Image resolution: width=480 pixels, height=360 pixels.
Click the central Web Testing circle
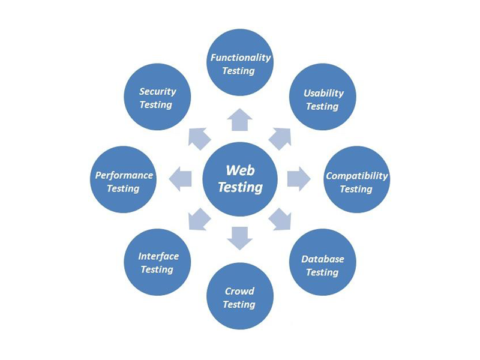pos(240,179)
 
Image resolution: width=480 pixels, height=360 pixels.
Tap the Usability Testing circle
pos(323,98)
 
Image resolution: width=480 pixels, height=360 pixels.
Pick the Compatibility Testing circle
pos(356,182)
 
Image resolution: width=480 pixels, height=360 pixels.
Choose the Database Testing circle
pos(323,265)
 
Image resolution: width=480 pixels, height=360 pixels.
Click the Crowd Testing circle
pos(240,296)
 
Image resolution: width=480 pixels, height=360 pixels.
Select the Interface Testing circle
pos(157,262)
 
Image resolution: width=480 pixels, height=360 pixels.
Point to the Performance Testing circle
pos(124,181)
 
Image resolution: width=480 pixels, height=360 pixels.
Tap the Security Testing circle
pos(157,97)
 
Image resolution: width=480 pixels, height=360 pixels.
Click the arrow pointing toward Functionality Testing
pos(240,120)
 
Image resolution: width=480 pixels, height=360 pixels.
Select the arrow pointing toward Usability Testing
pos(280,139)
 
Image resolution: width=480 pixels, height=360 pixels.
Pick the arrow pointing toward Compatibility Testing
pos(298,179)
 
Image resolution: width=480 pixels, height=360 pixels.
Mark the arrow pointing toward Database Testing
pos(280,219)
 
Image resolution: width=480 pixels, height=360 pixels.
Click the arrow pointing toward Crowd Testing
pos(240,238)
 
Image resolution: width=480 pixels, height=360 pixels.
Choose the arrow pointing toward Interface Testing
pos(200,219)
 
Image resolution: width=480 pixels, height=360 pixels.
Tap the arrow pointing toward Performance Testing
pos(181,179)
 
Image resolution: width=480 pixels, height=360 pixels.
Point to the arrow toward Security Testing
pos(200,139)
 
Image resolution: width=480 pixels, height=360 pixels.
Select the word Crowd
pos(239,291)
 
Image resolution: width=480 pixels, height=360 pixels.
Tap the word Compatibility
pos(356,176)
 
